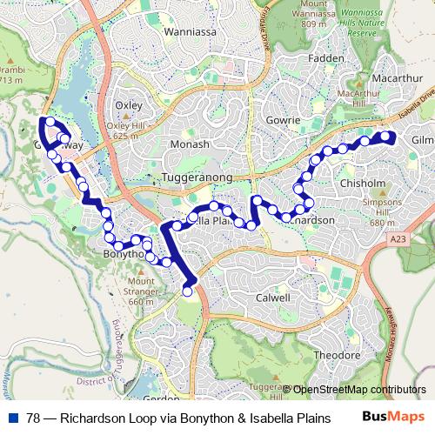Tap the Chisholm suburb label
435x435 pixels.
363,184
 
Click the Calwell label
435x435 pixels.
272,298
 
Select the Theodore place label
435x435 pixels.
336,356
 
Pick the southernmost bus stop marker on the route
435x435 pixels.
187,292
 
